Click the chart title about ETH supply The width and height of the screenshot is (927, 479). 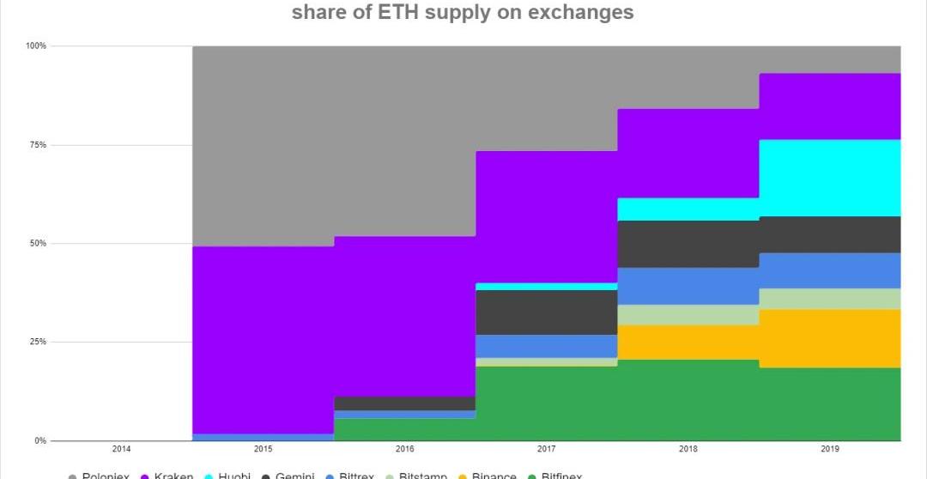point(463,13)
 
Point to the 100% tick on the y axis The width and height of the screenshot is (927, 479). point(36,45)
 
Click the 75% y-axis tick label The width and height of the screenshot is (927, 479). point(38,145)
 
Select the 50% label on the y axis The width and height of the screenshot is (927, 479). point(38,244)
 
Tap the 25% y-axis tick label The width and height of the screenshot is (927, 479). point(38,343)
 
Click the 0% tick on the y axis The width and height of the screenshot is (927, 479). point(40,441)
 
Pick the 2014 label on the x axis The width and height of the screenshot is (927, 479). point(121,449)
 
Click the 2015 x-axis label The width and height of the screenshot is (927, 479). point(263,449)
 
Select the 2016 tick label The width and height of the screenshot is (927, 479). point(404,449)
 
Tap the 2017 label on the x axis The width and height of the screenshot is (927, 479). point(546,449)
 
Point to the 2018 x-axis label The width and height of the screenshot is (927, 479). point(688,449)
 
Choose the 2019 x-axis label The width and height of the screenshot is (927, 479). point(829,449)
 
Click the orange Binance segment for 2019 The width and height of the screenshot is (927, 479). point(829,338)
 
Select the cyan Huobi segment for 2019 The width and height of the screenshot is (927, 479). point(829,178)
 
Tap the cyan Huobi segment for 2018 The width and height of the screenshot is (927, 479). point(688,209)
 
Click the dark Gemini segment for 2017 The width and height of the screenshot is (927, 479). point(546,312)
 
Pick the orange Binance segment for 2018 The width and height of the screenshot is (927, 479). point(688,343)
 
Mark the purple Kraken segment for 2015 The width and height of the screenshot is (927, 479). point(263,339)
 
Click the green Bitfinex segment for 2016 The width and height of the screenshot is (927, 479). point(404,429)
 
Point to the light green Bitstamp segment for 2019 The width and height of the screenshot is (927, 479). point(829,299)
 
